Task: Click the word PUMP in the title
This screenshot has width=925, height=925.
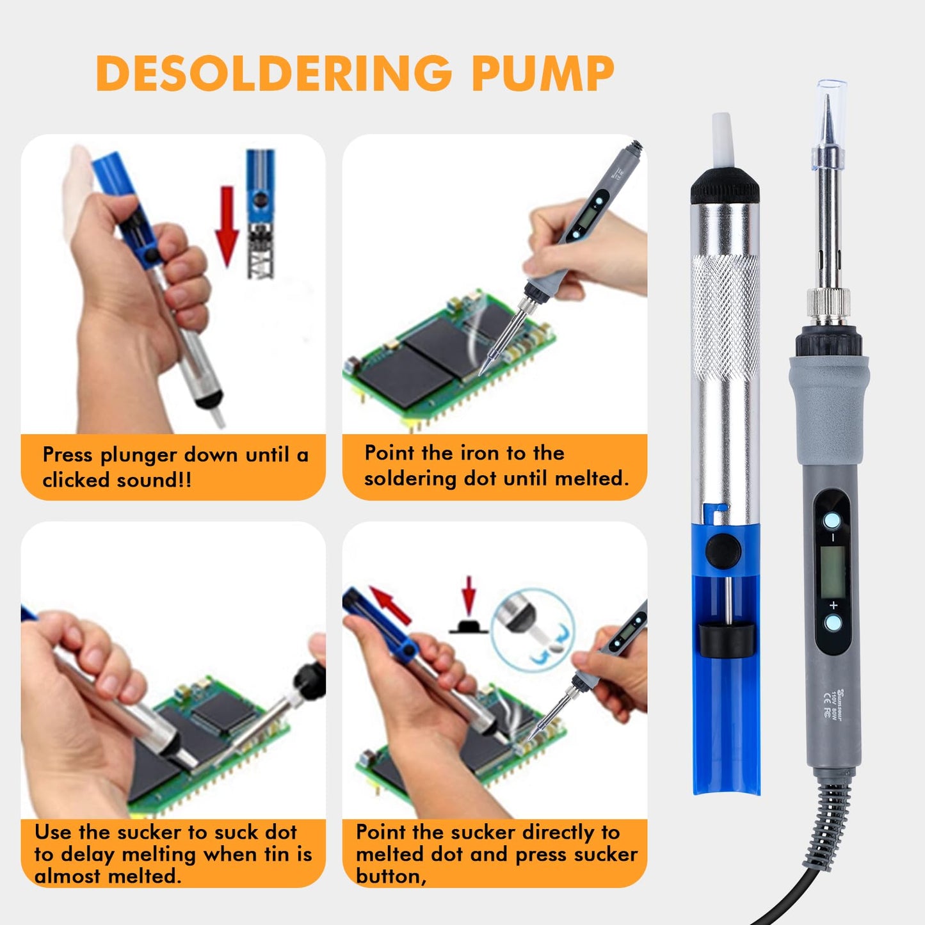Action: tap(543, 74)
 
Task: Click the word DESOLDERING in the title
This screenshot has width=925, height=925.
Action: tap(274, 74)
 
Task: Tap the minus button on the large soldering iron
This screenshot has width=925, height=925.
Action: tap(832, 521)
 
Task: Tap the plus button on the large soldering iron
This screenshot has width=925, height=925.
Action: tap(833, 622)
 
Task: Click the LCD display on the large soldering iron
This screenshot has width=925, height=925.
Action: tap(832, 571)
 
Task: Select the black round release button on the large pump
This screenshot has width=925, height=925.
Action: tap(723, 550)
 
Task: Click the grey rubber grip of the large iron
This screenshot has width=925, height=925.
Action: tap(829, 410)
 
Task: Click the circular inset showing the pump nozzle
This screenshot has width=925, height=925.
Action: tap(532, 630)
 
